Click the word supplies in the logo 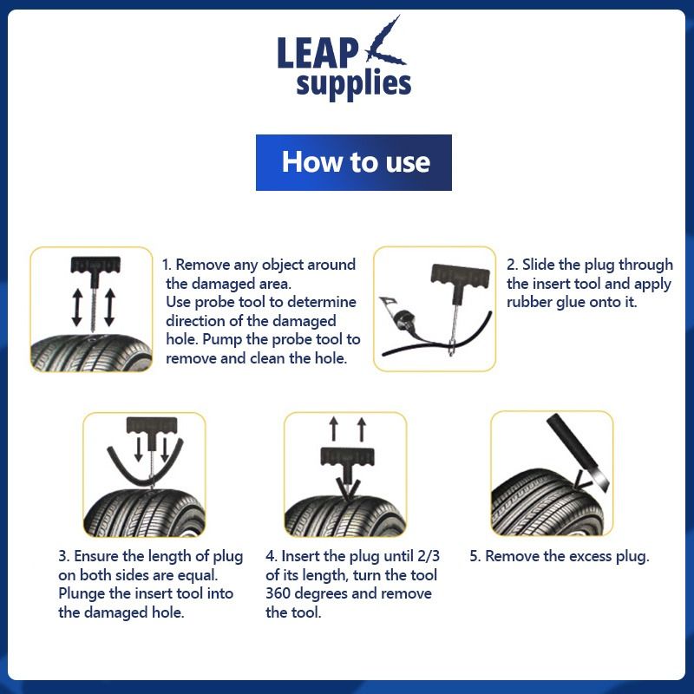353,84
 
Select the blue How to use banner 354,162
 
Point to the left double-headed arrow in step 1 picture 76,306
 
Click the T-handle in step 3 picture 151,426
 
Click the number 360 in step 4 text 280,594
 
